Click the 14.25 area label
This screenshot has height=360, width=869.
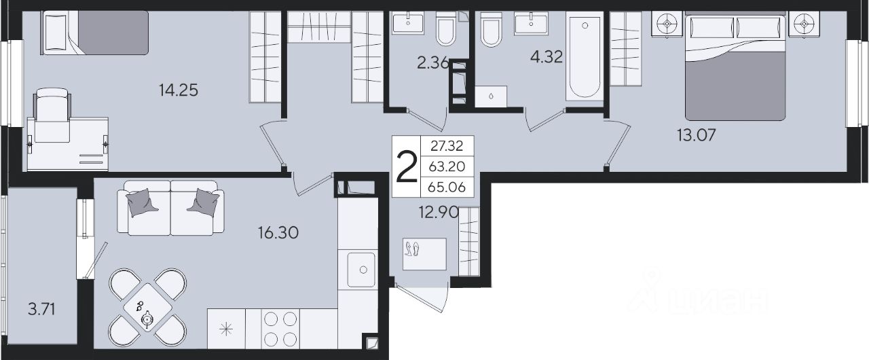coord(179,90)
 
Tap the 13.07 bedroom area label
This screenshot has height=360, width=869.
coord(697,135)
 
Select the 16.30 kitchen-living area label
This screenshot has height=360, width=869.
coord(278,233)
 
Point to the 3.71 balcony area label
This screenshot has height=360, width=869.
coord(41,309)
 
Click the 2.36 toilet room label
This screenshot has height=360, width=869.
coord(433,63)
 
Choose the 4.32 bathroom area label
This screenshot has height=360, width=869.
coord(547,57)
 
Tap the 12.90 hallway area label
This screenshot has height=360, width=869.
coord(439,212)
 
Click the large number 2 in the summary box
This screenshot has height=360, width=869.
coord(406,167)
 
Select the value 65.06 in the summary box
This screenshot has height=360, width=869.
coord(447,187)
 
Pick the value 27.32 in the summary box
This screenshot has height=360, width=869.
coord(447,146)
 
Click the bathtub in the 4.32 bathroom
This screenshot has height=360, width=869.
coord(585,56)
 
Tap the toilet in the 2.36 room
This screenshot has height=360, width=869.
coord(446,29)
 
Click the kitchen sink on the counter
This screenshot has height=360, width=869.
coord(361,270)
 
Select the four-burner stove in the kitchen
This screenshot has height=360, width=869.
coord(280,329)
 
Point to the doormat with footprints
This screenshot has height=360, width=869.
coord(424,254)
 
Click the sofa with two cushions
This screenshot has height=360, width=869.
coord(170,208)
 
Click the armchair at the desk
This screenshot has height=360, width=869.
coord(52,115)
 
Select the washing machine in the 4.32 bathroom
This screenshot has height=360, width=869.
coord(491,96)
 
